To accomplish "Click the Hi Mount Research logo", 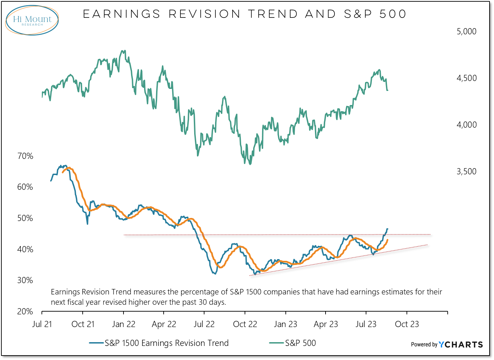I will (x=32, y=20).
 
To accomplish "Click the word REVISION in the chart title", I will (x=205, y=14).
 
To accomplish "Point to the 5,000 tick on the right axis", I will (x=466, y=32).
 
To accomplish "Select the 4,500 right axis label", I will (x=466, y=78).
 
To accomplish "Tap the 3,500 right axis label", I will (x=466, y=172).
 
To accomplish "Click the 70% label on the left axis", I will (x=25, y=156).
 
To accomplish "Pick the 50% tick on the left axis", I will (x=25, y=218).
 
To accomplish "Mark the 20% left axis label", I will (x=25, y=312).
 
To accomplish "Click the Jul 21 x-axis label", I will (x=42, y=324).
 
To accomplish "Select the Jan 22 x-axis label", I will (x=123, y=324).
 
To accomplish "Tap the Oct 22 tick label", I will (x=245, y=324).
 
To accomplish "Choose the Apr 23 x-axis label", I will (x=326, y=324).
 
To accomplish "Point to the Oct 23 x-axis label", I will (x=407, y=324).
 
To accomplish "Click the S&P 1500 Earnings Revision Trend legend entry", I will (x=166, y=343).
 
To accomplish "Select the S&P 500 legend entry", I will (x=300, y=343).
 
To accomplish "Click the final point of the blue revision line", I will (x=388, y=229).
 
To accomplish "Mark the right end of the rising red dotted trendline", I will (x=427, y=245).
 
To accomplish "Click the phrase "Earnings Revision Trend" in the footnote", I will (x=91, y=292).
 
